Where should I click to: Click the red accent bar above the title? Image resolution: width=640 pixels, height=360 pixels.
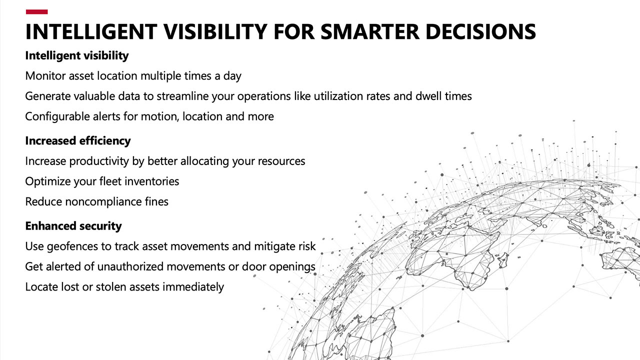pos(36,11)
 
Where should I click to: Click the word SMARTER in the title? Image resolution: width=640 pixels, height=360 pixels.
pos(370,31)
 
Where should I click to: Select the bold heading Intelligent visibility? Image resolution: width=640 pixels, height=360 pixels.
pos(76,55)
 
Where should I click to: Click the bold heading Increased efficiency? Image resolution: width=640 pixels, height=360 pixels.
pos(77,141)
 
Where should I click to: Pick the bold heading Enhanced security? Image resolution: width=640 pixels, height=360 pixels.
pos(73,226)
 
